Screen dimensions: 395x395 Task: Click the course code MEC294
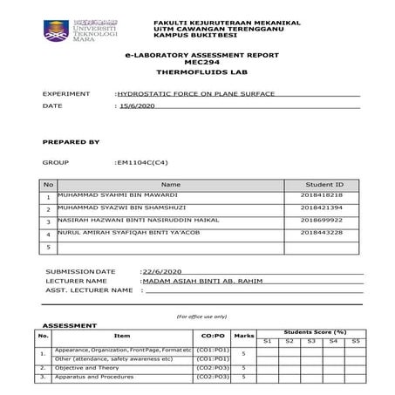coord(197,63)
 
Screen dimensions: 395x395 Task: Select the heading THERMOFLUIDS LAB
coord(197,72)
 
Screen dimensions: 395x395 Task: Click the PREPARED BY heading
coord(71,140)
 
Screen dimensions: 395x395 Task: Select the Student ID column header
coord(326,185)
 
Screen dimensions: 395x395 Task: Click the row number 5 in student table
coord(48,248)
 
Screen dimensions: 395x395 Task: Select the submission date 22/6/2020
coord(160,271)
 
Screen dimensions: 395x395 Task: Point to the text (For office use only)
coord(201,316)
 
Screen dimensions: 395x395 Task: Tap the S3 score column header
coord(311,339)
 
